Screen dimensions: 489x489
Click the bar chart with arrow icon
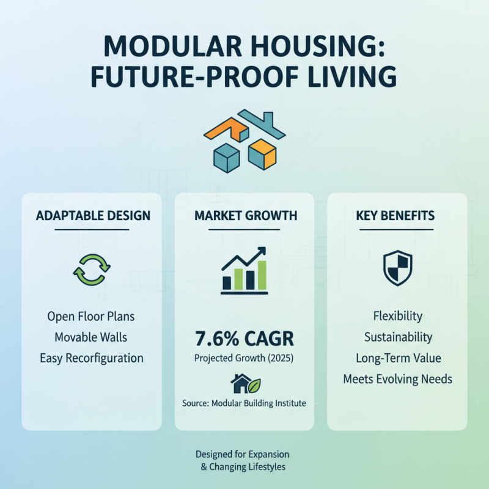tap(244, 271)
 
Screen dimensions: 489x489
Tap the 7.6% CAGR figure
tap(244, 337)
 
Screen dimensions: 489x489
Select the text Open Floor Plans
tap(91, 317)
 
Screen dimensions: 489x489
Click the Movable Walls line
tap(91, 337)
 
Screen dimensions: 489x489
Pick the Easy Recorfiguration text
tap(91, 358)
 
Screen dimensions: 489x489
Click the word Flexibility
tap(398, 316)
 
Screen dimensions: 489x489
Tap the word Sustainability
tap(398, 337)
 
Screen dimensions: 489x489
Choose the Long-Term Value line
tap(398, 358)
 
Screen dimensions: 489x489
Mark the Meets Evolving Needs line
tap(398, 379)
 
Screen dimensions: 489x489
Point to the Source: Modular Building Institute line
tap(244, 403)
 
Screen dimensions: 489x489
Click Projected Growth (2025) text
tap(244, 358)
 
